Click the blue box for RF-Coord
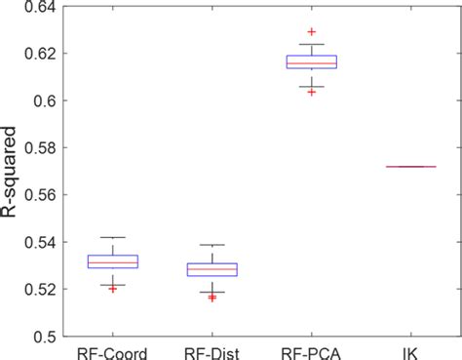(113, 261)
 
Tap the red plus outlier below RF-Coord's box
(113, 289)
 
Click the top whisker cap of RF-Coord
(113, 237)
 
